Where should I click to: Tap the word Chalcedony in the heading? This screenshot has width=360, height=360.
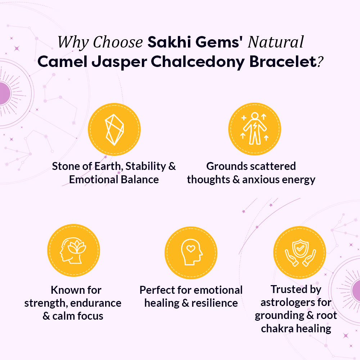tap(198, 62)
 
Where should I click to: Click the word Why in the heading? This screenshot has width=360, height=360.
tap(73, 42)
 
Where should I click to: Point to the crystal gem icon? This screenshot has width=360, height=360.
tap(114, 130)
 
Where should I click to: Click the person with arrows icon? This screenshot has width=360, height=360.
tap(255, 129)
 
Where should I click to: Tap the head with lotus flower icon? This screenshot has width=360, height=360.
tap(73, 251)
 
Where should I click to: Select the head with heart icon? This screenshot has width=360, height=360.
tap(192, 252)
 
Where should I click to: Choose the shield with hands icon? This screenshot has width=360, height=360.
tap(300, 253)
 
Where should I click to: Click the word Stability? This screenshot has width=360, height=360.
tap(145, 166)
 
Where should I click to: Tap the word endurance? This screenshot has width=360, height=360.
tap(96, 303)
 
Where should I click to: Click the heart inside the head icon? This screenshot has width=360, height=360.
tap(191, 248)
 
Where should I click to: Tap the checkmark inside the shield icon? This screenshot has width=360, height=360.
tap(300, 248)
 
